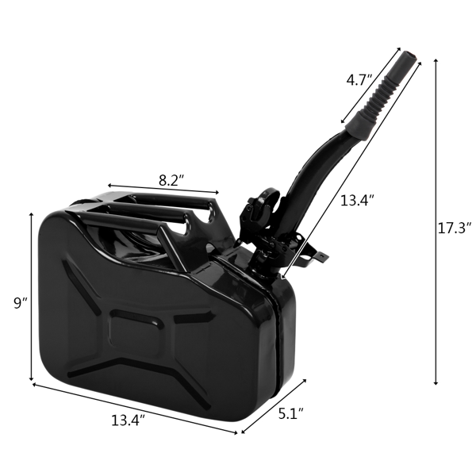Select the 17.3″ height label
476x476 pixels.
click(x=454, y=228)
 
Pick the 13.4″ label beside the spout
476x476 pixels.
click(x=357, y=201)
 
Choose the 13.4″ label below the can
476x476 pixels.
click(x=128, y=421)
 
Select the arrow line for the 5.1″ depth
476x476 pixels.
click(x=274, y=406)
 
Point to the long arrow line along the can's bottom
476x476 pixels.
click(x=135, y=409)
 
